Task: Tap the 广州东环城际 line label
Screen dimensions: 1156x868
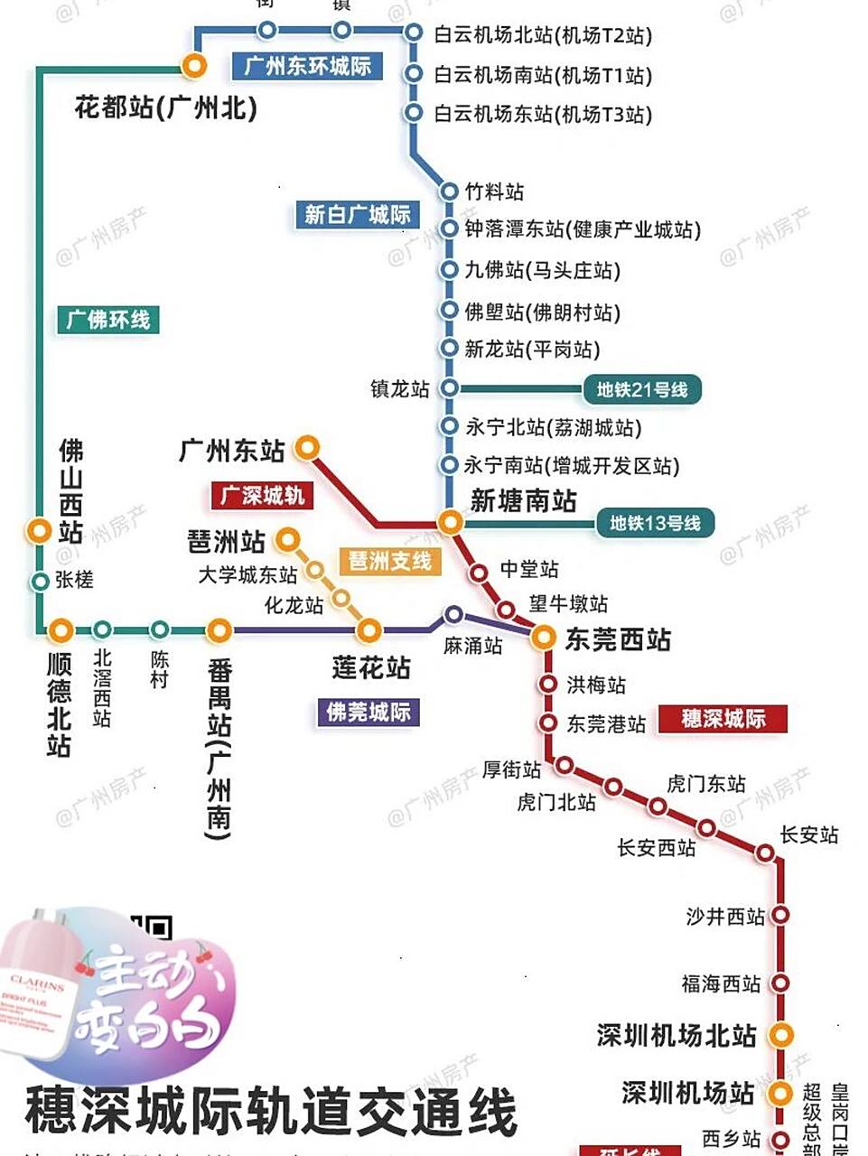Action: click(307, 66)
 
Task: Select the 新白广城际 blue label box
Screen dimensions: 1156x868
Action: click(357, 214)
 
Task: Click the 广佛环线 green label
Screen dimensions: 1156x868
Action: click(108, 319)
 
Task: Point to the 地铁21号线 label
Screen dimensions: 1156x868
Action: click(641, 389)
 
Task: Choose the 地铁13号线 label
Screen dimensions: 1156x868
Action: click(655, 523)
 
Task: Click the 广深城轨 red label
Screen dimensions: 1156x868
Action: click(263, 495)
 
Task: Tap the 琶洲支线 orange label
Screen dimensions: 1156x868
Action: click(390, 561)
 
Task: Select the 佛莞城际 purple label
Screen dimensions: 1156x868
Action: click(368, 712)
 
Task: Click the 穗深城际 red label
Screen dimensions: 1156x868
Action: click(723, 719)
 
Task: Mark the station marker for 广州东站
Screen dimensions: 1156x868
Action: click(308, 447)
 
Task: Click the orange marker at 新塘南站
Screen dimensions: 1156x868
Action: click(450, 521)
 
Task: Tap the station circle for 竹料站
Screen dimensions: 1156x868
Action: click(449, 191)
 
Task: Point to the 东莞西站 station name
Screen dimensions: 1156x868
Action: click(618, 639)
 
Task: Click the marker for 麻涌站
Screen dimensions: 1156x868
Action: click(453, 615)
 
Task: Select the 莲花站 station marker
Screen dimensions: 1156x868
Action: click(369, 630)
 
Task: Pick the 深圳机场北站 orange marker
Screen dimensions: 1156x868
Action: click(780, 1035)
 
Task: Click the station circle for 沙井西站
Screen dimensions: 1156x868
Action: click(780, 915)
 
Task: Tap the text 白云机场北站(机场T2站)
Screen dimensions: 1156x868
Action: click(543, 35)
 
